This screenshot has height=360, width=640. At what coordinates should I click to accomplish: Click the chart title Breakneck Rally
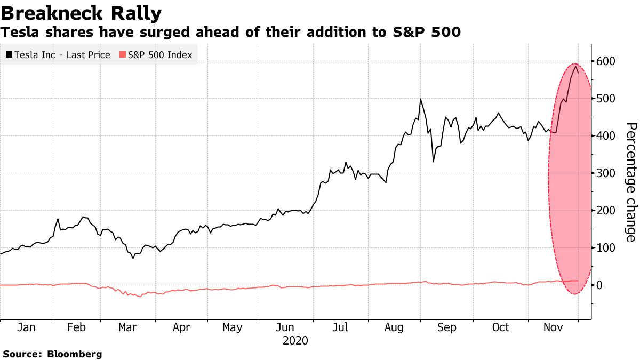point(82,12)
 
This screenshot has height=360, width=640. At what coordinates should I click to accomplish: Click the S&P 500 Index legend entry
point(155,55)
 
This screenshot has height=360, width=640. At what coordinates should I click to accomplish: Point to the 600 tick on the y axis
point(606,61)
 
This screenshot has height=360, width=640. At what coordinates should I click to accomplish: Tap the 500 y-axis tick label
point(606,99)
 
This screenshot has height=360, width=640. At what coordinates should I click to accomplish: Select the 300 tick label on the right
point(606,173)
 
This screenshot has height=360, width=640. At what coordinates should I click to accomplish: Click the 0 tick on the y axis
point(599,285)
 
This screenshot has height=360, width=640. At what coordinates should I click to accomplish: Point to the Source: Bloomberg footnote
point(52,354)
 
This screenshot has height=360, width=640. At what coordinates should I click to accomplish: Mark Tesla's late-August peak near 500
point(421,99)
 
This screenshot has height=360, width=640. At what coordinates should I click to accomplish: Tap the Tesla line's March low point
point(133,258)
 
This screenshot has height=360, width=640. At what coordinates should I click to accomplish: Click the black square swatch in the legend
point(9,55)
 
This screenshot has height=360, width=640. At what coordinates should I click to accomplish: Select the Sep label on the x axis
point(447,327)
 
